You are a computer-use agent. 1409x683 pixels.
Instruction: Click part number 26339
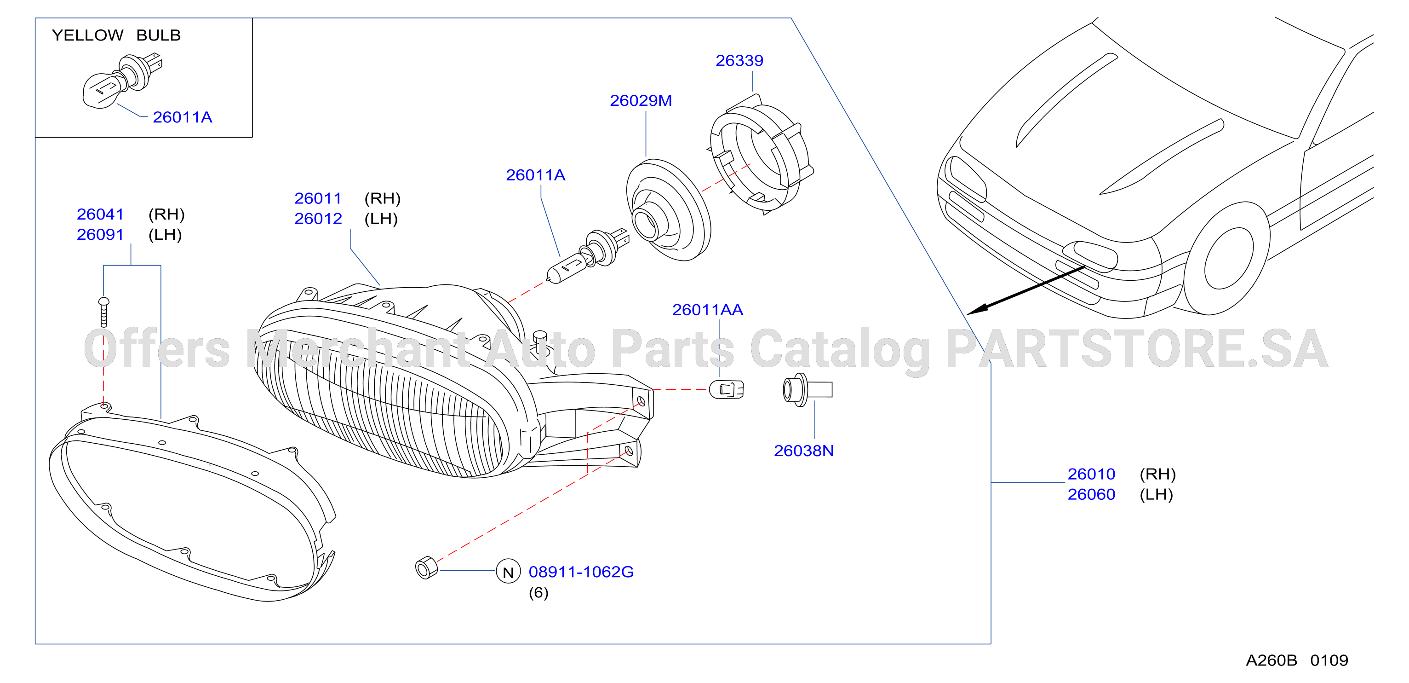pyautogui.click(x=739, y=60)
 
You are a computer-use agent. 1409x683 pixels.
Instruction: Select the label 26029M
pyautogui.click(x=641, y=101)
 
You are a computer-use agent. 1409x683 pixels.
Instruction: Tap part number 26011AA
pyautogui.click(x=707, y=310)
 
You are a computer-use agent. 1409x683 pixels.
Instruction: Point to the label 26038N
pyautogui.click(x=803, y=451)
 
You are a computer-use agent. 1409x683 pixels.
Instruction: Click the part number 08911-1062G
pyautogui.click(x=581, y=572)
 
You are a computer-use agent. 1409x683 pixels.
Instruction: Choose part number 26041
pyautogui.click(x=100, y=214)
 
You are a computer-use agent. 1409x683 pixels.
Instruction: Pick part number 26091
pyautogui.click(x=100, y=234)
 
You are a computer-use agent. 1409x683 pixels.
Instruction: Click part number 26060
pyautogui.click(x=1091, y=494)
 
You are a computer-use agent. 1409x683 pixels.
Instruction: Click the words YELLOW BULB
pyautogui.click(x=116, y=35)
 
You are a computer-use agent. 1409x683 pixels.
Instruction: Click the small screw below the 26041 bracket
pyautogui.click(x=103, y=312)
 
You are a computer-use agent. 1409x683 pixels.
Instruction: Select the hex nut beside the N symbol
pyautogui.click(x=427, y=567)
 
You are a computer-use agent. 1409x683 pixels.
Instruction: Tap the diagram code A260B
pyautogui.click(x=1271, y=660)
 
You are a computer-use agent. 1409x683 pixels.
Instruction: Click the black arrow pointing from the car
pyautogui.click(x=1026, y=290)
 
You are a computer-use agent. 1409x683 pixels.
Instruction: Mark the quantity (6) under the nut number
pyautogui.click(x=538, y=593)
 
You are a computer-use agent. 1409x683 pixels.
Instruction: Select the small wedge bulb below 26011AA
pyautogui.click(x=727, y=390)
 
